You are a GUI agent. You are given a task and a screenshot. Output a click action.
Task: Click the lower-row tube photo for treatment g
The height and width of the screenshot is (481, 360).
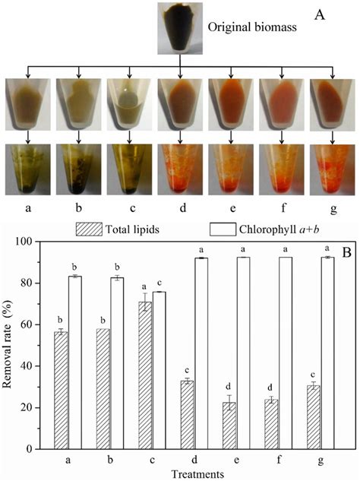tap(328, 169)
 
